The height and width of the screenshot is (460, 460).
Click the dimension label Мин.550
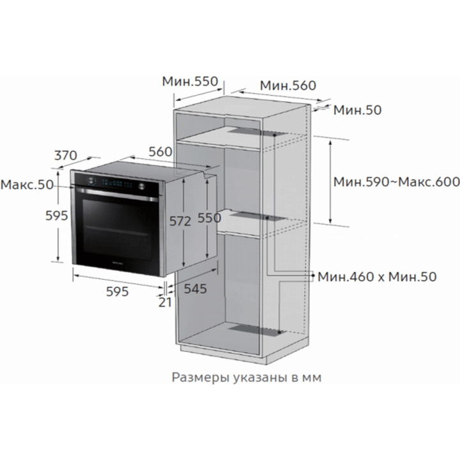(x=190, y=81)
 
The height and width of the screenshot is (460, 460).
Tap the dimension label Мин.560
(x=288, y=86)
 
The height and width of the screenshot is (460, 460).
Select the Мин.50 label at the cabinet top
(x=357, y=110)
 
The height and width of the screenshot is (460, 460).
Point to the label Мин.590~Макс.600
(x=397, y=182)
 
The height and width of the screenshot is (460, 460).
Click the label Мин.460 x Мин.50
(x=378, y=277)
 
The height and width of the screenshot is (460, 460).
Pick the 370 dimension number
(x=66, y=155)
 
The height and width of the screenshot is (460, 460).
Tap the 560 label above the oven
(x=160, y=152)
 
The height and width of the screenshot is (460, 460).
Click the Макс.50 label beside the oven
(x=27, y=185)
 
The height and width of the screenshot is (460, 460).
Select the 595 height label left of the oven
(x=57, y=216)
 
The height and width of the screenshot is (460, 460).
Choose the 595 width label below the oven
(x=118, y=291)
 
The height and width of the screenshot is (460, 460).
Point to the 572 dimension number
(x=180, y=221)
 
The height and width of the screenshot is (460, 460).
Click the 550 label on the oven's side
(x=209, y=218)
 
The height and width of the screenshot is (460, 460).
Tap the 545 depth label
(x=195, y=289)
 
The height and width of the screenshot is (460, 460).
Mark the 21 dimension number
(x=165, y=302)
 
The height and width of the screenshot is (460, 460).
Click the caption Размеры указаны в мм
(x=247, y=378)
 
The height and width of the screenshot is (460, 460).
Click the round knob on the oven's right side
(x=142, y=187)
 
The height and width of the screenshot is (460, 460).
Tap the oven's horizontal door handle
(x=118, y=195)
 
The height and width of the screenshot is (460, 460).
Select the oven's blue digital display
(x=117, y=183)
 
